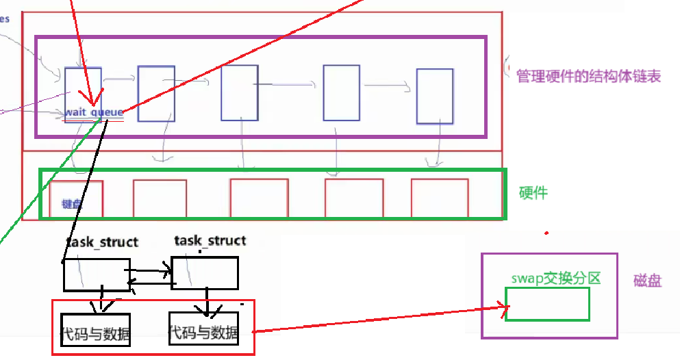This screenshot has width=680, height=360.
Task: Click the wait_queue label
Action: click(95, 112)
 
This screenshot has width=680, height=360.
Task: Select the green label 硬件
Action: click(533, 193)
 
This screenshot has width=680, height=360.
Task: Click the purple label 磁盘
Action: click(647, 281)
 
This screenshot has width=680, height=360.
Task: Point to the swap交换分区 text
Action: click(555, 278)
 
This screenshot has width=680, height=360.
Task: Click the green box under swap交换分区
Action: click(547, 304)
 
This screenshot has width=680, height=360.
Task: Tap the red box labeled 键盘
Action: click(76, 198)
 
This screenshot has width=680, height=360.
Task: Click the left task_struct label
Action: click(102, 242)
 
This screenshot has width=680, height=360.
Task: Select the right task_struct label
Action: click(210, 240)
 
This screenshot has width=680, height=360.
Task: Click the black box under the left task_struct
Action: click(97, 274)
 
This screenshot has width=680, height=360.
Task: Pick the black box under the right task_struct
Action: click(204, 272)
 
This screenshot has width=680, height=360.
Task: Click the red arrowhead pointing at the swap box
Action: click(509, 311)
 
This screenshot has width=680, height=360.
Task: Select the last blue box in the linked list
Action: click(434, 96)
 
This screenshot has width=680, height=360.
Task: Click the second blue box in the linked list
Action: click(156, 94)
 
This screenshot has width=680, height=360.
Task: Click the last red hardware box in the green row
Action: click(440, 198)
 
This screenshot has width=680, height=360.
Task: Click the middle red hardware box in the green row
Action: click(258, 198)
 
